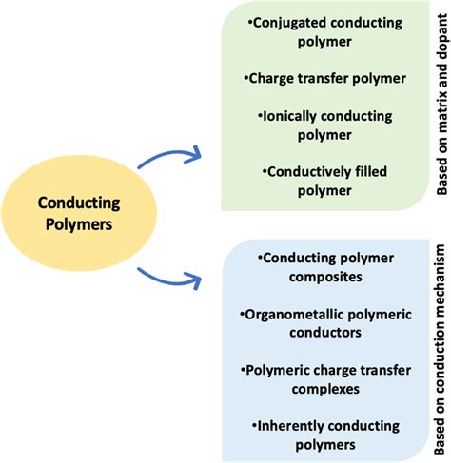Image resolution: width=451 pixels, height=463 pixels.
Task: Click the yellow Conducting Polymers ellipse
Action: pos(79,213)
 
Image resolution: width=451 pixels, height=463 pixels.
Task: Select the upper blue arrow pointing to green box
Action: pos(169,154)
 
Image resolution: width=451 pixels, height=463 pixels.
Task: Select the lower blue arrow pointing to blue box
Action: pos(169,280)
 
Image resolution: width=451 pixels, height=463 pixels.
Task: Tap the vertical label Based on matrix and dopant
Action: pos(442,104)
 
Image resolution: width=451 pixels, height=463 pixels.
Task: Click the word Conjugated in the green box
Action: pos(289,24)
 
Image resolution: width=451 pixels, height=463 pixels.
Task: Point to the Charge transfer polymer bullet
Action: pos(325,78)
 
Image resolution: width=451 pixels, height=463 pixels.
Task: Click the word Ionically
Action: pos(289,117)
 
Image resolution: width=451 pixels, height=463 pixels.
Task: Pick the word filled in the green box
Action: pos(371,172)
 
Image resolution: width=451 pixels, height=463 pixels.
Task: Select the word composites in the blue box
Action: pos(325,277)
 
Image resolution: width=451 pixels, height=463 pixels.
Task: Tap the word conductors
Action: pos(325,333)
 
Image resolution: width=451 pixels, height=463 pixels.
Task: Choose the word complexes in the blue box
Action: pos(325,389)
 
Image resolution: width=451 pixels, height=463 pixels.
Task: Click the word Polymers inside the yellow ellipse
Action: pos(79,224)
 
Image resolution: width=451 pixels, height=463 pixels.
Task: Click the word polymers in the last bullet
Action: pos(325,445)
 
